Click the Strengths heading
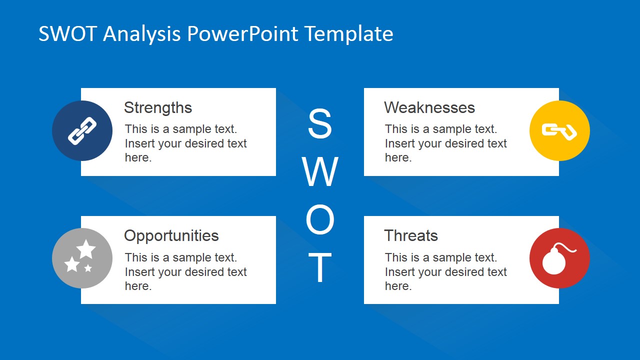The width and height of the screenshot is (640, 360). point(157,108)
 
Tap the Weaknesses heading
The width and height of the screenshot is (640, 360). point(429,107)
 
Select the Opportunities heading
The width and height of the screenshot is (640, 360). point(171,236)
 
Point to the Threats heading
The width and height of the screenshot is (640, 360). point(411,235)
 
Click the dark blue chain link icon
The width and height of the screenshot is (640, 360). point(82,130)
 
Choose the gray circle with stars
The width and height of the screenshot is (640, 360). point(82,258)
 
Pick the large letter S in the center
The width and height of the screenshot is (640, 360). point(320,123)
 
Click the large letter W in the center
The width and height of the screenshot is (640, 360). point(320,171)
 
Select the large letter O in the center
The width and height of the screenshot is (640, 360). point(320,219)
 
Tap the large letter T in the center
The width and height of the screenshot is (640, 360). point(320,267)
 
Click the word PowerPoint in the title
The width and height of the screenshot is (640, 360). point(243,33)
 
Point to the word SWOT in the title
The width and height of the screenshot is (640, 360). point(68,33)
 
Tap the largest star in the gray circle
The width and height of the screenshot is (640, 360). point(86,249)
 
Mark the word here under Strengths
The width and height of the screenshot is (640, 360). point(138,157)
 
